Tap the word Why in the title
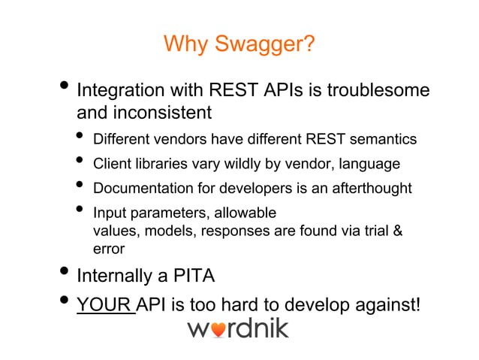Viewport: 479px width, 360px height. pos(182,45)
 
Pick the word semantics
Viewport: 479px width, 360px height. pos(381,140)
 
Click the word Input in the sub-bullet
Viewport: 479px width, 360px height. pos(107,213)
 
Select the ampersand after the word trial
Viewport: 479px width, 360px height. pos(398,231)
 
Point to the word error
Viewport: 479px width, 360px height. pos(108,249)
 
